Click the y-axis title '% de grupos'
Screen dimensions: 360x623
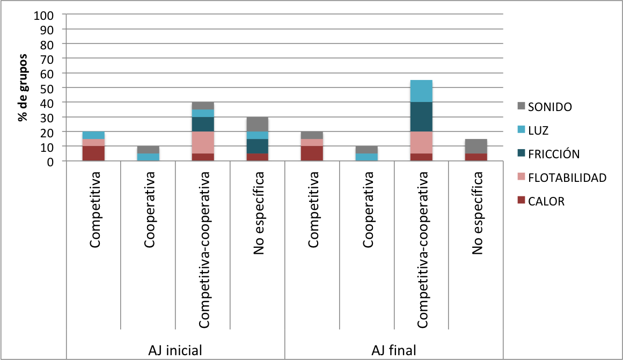(23, 87)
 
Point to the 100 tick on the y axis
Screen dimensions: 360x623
(43, 14)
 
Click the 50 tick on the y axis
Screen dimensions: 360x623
(47, 87)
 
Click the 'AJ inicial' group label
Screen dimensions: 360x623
(175, 350)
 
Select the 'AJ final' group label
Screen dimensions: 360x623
(394, 350)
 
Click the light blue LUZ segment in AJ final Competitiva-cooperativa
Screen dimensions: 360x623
(421, 91)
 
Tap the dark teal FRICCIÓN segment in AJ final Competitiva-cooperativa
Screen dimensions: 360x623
(421, 116)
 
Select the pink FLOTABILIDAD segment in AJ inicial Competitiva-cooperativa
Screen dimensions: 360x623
(203, 142)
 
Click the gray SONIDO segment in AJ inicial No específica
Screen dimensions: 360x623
(258, 124)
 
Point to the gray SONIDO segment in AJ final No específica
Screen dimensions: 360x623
(476, 146)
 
